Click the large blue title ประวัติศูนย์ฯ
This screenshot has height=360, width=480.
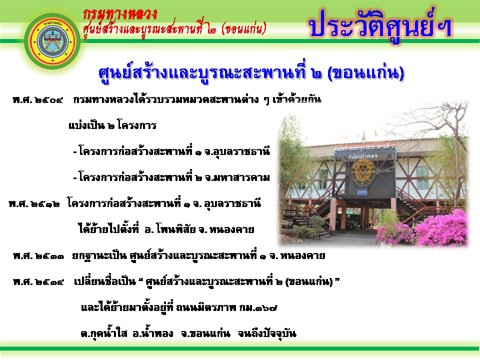[380, 25]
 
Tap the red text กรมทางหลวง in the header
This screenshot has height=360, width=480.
[120, 15]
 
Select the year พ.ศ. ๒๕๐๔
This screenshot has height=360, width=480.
[37, 100]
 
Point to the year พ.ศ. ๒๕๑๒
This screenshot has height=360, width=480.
[34, 203]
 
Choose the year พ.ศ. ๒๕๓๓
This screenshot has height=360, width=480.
[38, 255]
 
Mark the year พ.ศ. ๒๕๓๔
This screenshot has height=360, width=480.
[38, 281]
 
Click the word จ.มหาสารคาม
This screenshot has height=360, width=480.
[237, 177]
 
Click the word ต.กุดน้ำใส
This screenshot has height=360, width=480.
[104, 333]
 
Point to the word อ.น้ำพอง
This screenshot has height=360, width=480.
[153, 333]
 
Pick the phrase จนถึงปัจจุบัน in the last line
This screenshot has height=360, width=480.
[267, 333]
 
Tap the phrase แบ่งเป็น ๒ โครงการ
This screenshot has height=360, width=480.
[112, 125]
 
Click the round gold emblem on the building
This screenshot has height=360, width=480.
[363, 172]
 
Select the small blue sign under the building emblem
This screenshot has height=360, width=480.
[362, 192]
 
